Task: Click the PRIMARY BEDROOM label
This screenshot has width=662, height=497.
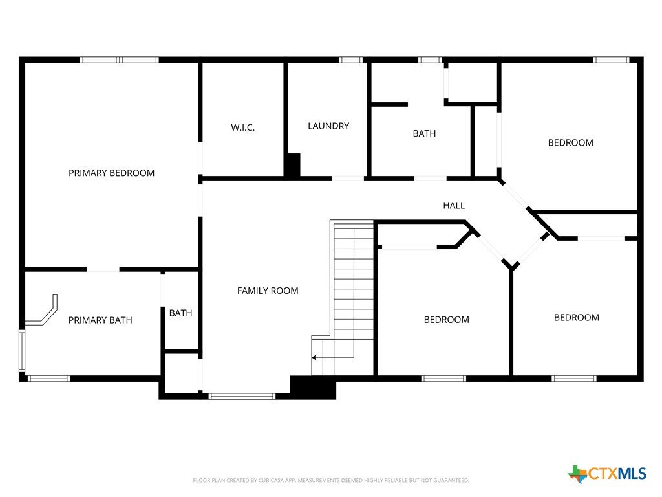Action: pos(111,173)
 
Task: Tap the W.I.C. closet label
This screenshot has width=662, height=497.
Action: pos(243,127)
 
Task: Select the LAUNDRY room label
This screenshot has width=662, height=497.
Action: pos(328,126)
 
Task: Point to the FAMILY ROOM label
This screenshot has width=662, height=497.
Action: pos(268,291)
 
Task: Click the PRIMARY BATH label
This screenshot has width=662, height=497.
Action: pos(100,320)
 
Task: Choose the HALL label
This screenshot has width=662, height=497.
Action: pos(454,205)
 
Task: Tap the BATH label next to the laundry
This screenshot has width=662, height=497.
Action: pos(424,133)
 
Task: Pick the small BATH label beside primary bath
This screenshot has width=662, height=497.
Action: pos(181,313)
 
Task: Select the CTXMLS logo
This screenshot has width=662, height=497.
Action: pos(607,474)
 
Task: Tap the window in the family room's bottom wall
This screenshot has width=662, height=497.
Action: pos(242,397)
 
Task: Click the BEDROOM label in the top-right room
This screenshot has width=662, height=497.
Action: pos(570,143)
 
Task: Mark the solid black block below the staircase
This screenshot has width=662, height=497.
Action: pos(313,387)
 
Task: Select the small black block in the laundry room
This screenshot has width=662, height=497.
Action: pos(292,165)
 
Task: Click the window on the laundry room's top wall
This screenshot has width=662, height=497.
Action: pos(351,60)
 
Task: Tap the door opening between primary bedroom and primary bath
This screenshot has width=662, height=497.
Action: pos(103,270)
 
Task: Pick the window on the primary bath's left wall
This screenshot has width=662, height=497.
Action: pos(22,351)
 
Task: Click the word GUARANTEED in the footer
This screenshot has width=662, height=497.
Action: pos(452,481)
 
